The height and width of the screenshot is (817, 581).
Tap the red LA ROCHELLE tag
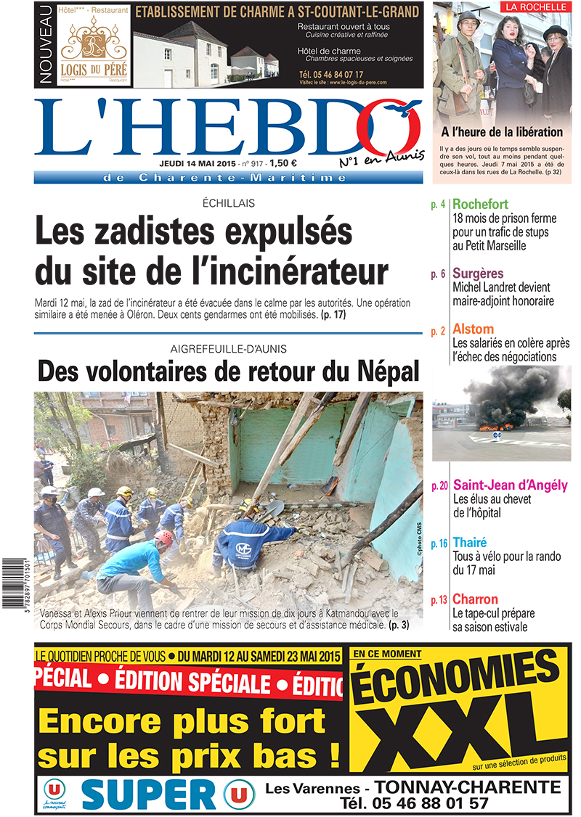pyautogui.click(x=535, y=7)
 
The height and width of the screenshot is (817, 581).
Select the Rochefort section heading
pyautogui.click(x=480, y=205)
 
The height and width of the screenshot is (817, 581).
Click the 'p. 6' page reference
pyautogui.click(x=438, y=274)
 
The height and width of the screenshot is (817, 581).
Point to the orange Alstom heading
pyautogui.click(x=473, y=329)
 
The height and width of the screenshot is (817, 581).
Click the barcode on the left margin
pyautogui.click(x=16, y=578)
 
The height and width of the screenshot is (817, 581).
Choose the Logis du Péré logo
pyautogui.click(x=94, y=47)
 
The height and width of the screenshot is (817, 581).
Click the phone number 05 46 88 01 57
pyautogui.click(x=428, y=803)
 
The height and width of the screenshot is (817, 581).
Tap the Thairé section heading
pyautogui.click(x=470, y=542)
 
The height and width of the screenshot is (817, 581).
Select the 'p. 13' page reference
pyautogui.click(x=439, y=600)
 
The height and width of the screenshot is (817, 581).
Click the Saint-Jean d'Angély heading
pyautogui.click(x=511, y=485)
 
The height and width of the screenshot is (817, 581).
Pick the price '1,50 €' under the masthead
pyautogui.click(x=288, y=163)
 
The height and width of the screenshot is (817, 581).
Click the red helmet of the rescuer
pyautogui.click(x=166, y=537)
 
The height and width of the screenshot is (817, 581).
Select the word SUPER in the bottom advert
pyautogui.click(x=148, y=795)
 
